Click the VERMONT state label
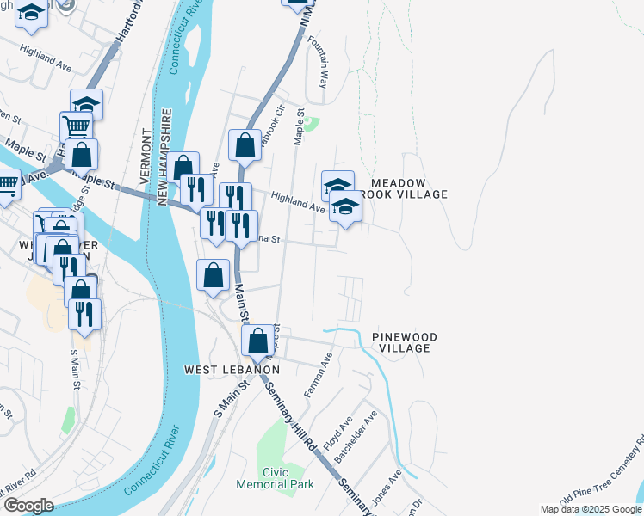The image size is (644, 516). (145, 156)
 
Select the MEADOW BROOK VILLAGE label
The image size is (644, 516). (409, 189)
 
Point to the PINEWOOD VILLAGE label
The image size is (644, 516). (405, 342)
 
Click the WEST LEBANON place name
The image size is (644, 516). (232, 370)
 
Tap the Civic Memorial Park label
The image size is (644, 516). (276, 478)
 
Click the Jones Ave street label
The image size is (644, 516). (385, 487)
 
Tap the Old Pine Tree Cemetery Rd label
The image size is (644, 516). (602, 473)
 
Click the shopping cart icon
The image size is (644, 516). (76, 126)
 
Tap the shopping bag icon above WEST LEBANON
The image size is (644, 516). (257, 341)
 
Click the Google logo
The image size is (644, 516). (28, 506)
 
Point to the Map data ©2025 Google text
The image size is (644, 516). (590, 509)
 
